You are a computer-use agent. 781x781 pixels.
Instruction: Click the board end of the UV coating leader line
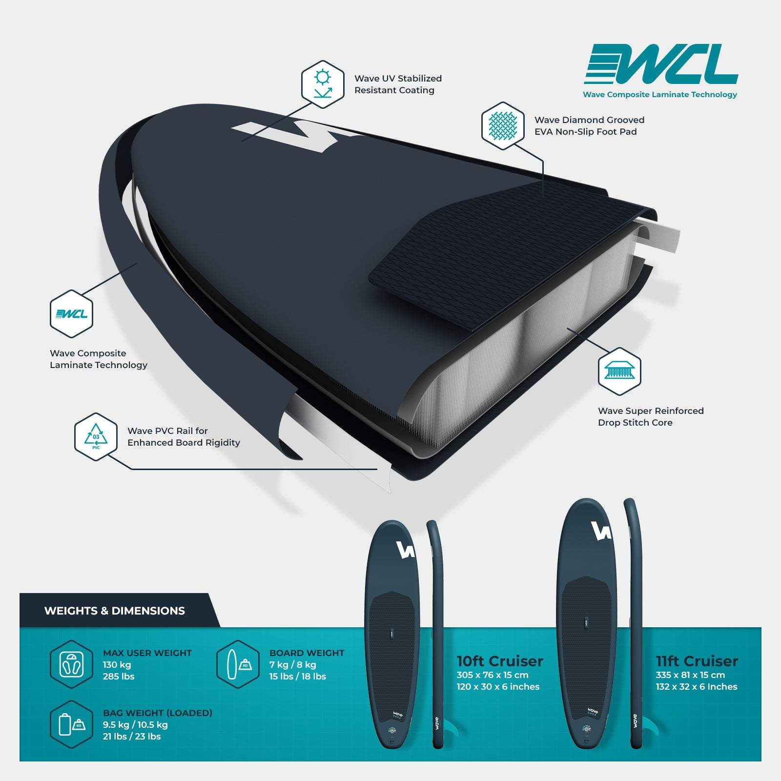tap(242, 141)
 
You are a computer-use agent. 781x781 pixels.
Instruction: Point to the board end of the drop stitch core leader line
tap(568, 329)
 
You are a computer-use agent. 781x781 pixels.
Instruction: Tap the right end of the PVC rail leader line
tap(377, 469)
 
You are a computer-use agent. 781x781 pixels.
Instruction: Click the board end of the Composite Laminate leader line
tap(137, 263)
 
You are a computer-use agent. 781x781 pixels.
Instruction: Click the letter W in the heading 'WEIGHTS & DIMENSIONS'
tap(49, 611)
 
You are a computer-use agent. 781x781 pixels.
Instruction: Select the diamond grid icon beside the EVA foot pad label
tap(503, 125)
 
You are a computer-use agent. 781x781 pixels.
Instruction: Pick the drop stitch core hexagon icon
tap(619, 371)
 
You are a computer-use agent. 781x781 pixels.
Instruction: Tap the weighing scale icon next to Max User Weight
tap(71, 664)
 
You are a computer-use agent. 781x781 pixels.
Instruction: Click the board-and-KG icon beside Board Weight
tap(238, 664)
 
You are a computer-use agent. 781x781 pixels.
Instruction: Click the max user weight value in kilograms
tap(117, 665)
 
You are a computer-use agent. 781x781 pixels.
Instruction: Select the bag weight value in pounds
tap(132, 736)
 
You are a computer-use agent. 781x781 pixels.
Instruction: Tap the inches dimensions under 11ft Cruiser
tap(697, 687)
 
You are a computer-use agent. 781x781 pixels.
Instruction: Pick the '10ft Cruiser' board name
tap(500, 661)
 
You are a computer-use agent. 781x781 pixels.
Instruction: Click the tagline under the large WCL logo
tap(660, 95)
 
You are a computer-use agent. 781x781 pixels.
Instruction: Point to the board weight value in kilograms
tap(293, 665)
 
